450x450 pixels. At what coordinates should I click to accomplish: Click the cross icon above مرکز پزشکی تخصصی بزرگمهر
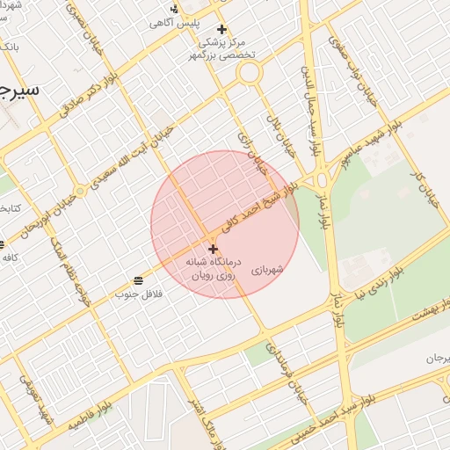pyautogui.click(x=221, y=29)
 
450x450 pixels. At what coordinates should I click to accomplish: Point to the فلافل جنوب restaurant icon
pyautogui.click(x=138, y=280)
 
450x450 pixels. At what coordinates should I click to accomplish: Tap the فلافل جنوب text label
pyautogui.click(x=136, y=294)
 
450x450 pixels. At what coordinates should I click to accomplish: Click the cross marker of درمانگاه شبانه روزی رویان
pyautogui.click(x=213, y=250)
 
